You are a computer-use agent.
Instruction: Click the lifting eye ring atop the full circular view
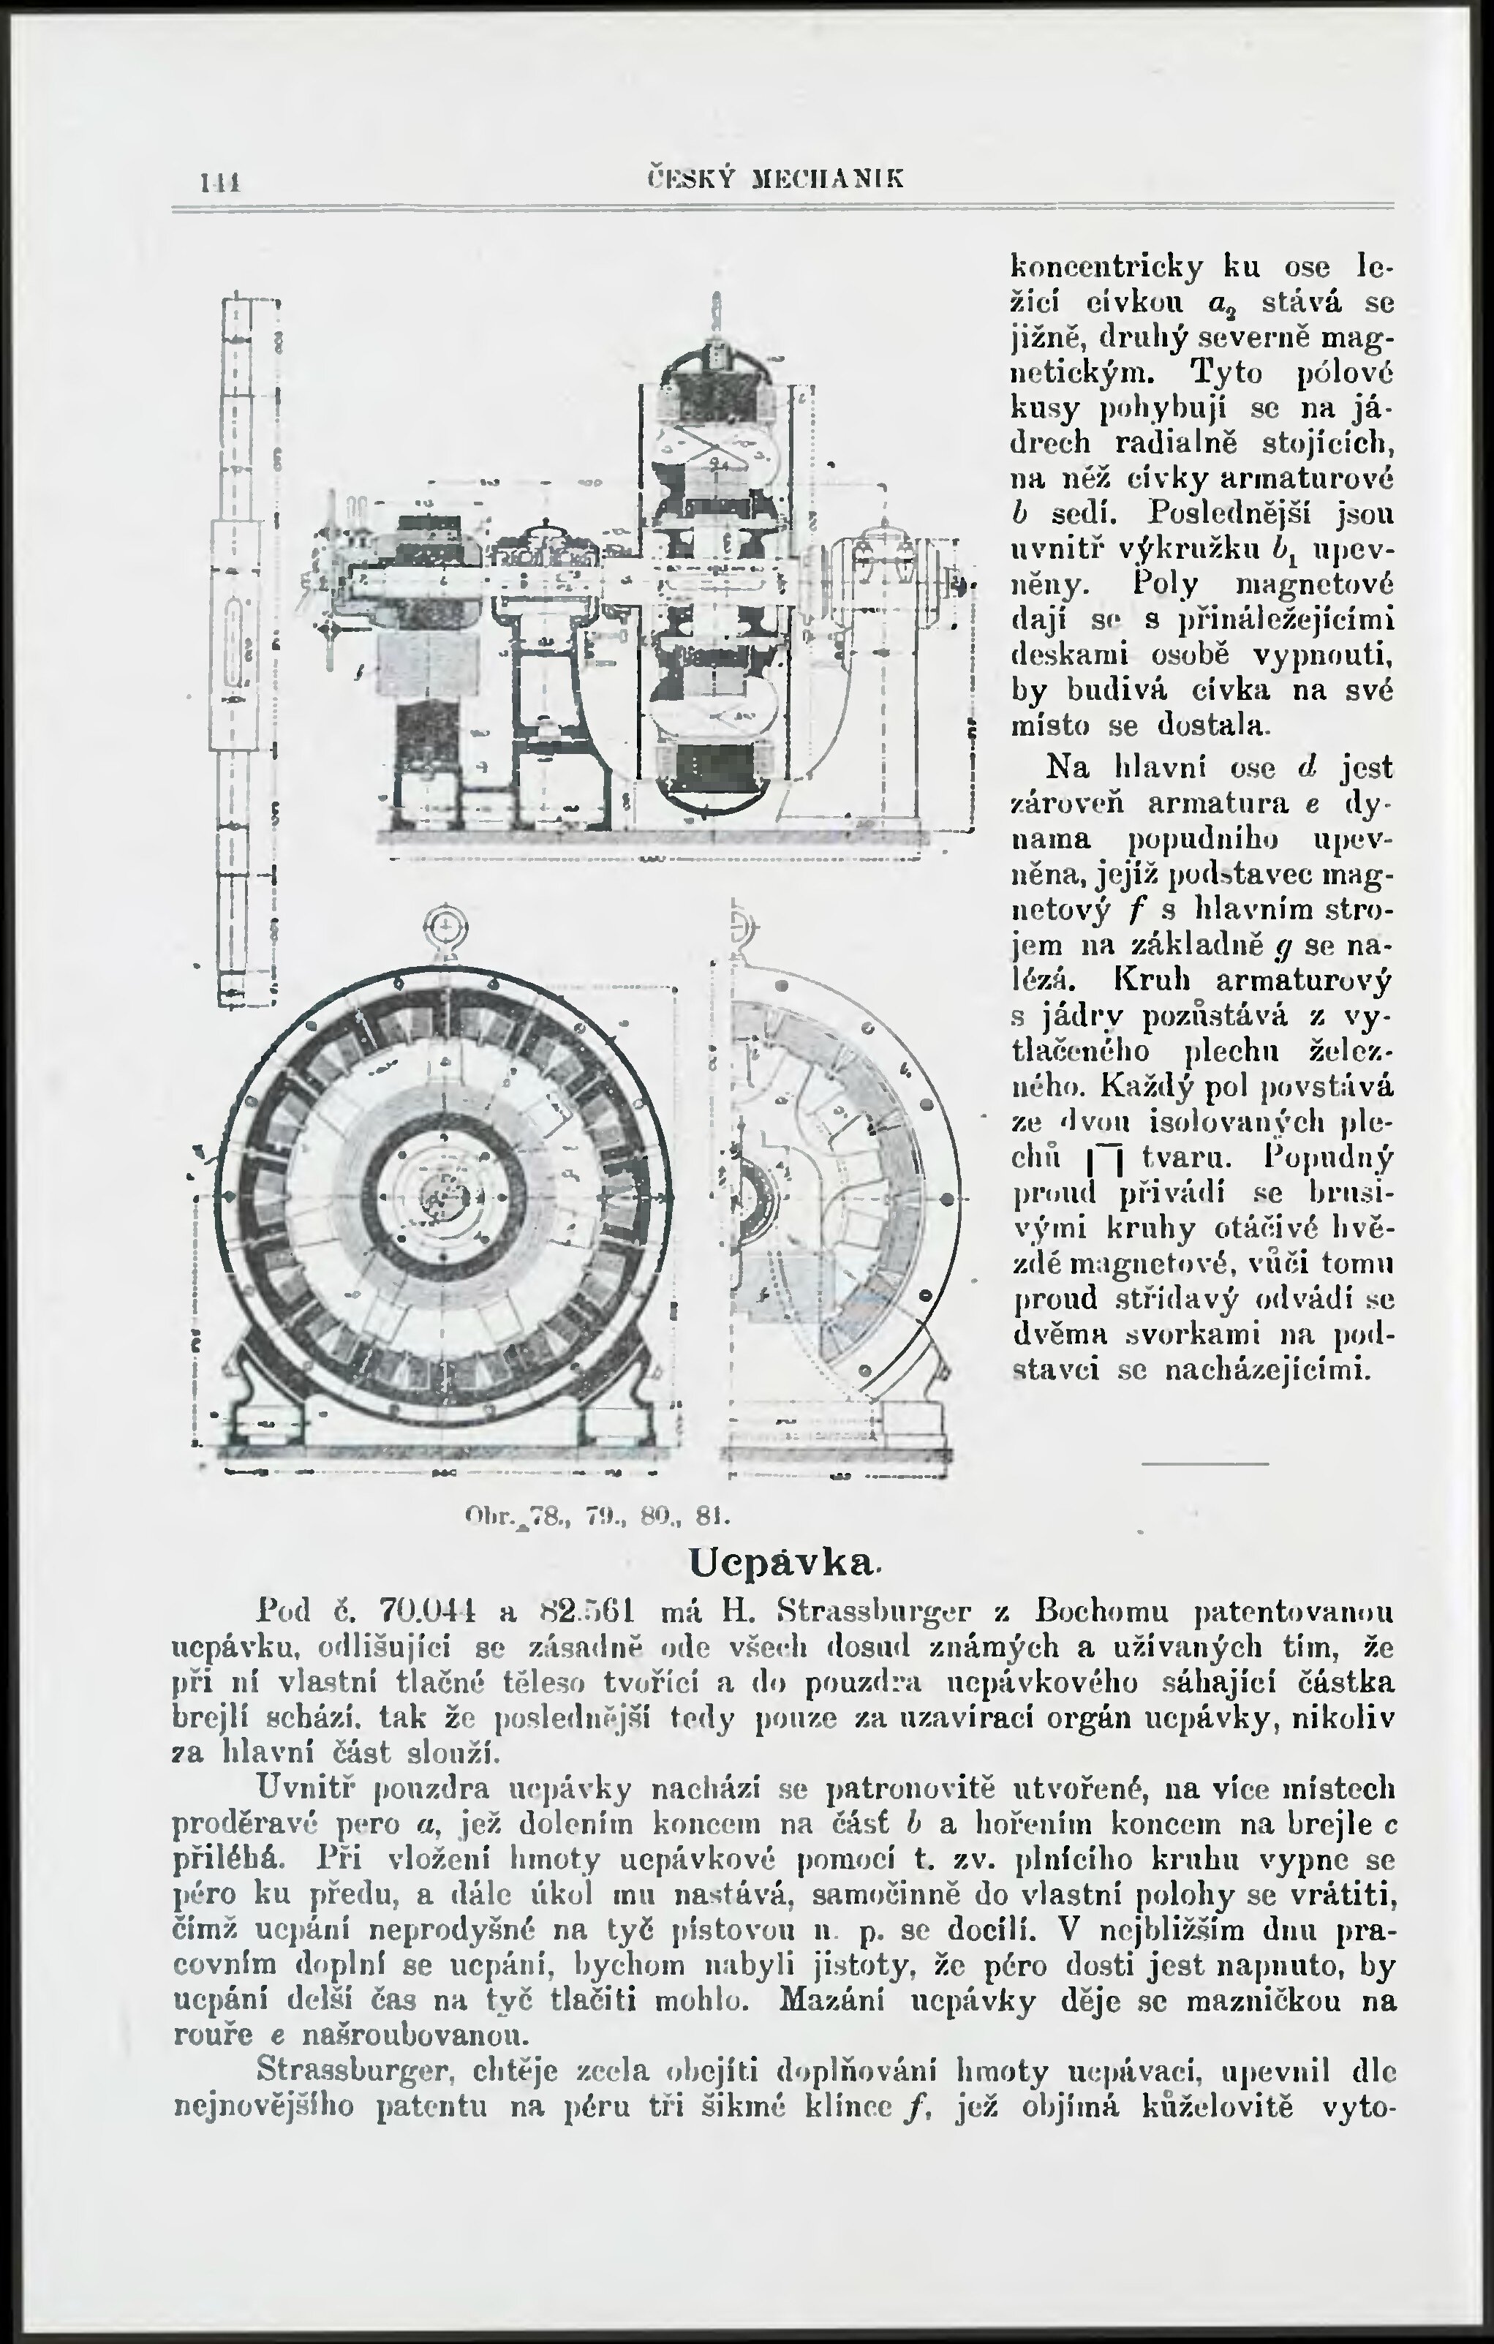pos(445,924)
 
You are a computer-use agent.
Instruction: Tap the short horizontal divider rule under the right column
pos(1205,1464)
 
